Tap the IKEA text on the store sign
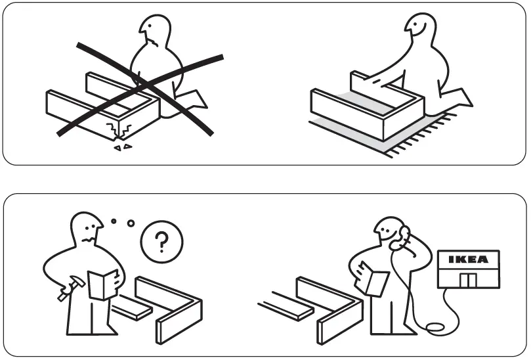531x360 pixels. pyautogui.click(x=468, y=259)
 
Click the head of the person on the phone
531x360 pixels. pyautogui.click(x=388, y=231)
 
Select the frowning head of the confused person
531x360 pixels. pyautogui.click(x=87, y=230)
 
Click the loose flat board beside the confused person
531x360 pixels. pyautogui.click(x=131, y=308)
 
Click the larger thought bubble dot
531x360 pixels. pyautogui.click(x=131, y=223)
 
